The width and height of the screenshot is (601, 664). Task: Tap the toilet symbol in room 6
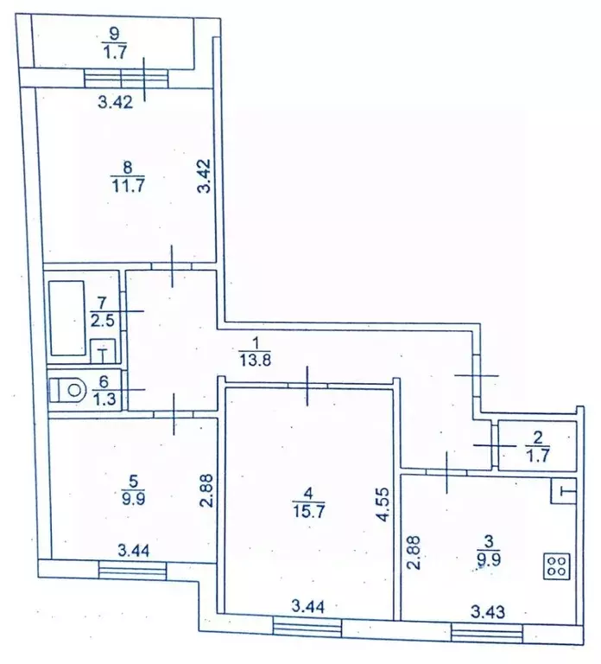(x=66, y=390)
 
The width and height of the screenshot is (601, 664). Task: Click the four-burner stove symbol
(x=556, y=567)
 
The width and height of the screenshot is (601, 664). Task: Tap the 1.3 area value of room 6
(x=101, y=398)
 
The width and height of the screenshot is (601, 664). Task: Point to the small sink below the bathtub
(x=103, y=350)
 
